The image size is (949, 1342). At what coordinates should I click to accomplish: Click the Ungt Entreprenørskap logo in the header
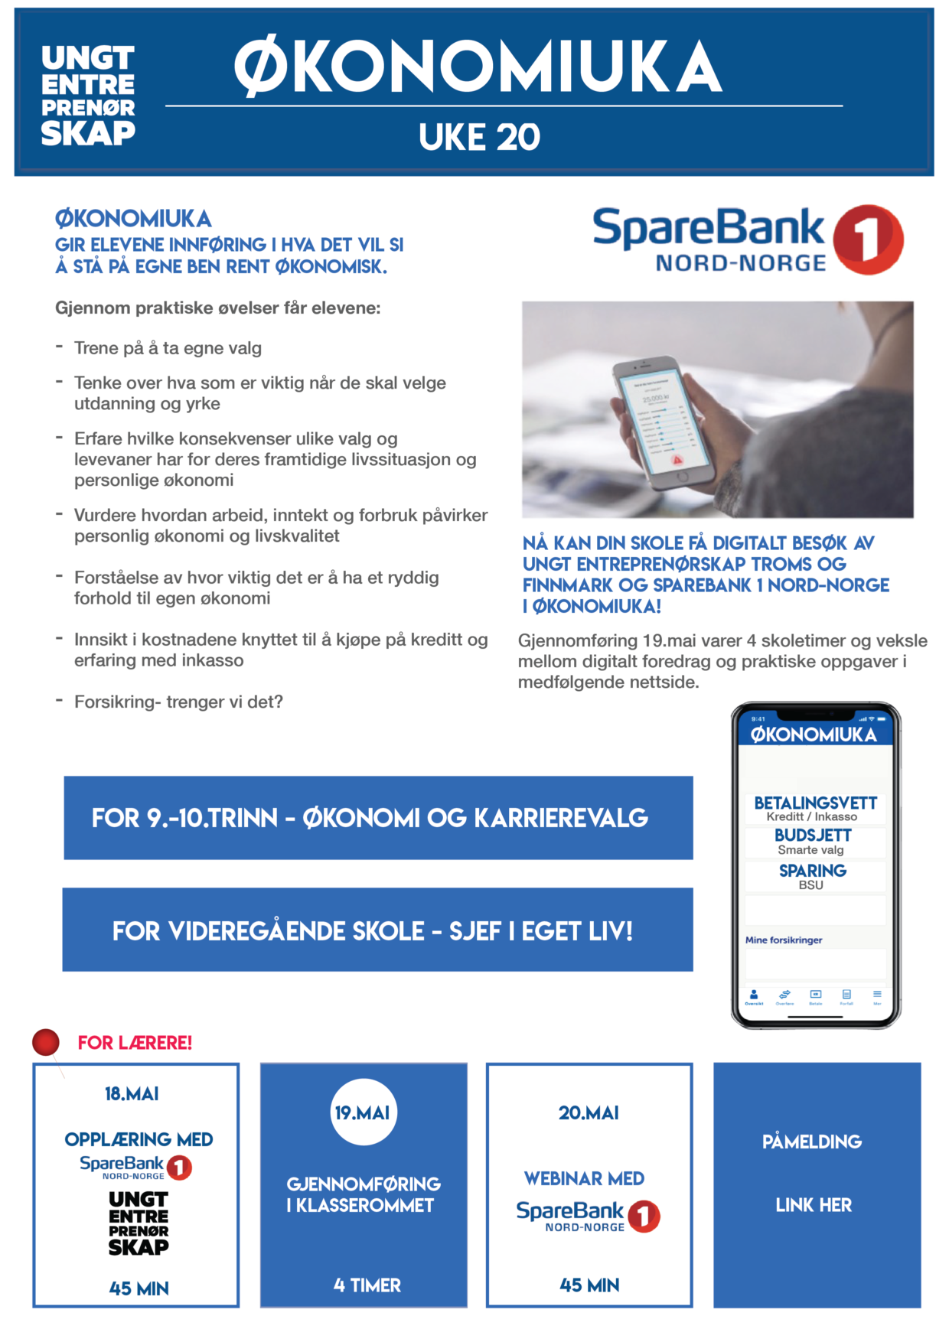click(88, 95)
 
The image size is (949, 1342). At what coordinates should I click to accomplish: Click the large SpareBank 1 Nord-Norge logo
click(748, 240)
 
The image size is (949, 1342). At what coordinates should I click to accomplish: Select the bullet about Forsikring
click(178, 702)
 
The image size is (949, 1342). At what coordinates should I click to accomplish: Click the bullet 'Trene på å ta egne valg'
click(168, 348)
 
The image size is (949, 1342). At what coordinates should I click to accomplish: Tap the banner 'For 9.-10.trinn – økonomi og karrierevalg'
click(378, 818)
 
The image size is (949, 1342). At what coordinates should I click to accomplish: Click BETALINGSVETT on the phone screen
click(815, 803)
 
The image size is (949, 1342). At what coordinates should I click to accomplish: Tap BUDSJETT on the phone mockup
click(813, 835)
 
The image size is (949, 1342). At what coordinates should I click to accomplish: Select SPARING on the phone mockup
click(813, 871)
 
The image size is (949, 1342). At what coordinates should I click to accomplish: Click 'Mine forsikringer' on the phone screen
click(784, 940)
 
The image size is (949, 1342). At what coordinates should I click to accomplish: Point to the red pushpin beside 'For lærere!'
click(46, 1042)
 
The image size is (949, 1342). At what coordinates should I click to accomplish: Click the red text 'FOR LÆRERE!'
click(135, 1043)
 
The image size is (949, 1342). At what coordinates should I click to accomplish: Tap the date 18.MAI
click(132, 1094)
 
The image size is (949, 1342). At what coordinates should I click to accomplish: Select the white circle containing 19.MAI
click(363, 1112)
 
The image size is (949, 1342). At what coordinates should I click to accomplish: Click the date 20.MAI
click(589, 1113)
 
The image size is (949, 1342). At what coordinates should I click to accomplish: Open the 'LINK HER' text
click(814, 1205)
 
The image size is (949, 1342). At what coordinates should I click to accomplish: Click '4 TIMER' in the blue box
click(367, 1285)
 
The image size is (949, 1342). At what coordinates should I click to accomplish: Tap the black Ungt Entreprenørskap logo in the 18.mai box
click(139, 1223)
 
